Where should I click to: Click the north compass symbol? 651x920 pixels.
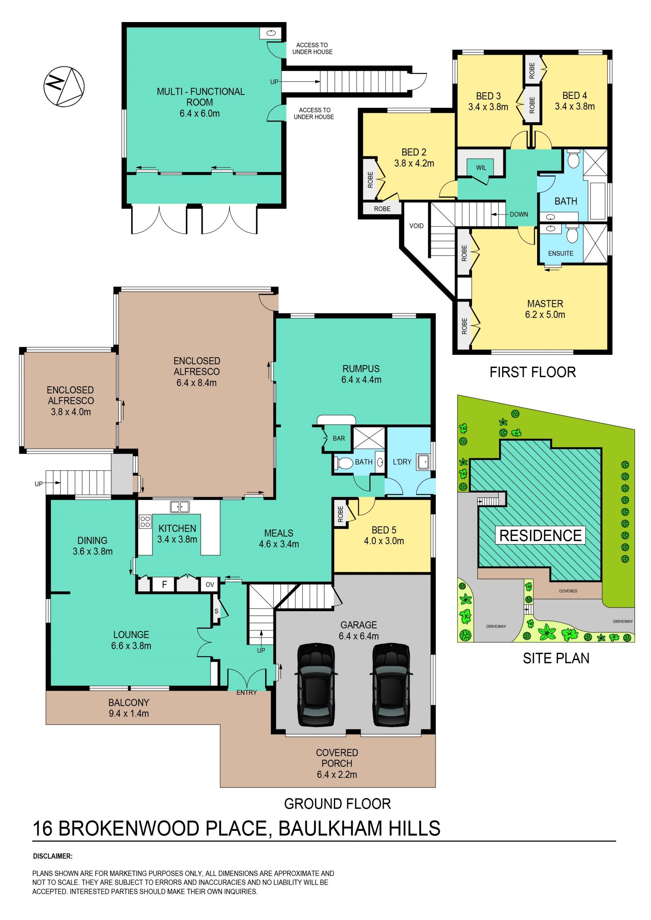(x=64, y=86)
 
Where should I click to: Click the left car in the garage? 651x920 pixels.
(x=316, y=685)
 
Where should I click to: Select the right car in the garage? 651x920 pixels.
(x=391, y=685)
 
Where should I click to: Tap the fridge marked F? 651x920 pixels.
(x=164, y=585)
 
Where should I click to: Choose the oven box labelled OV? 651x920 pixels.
(x=210, y=585)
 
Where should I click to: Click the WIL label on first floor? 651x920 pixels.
(x=481, y=167)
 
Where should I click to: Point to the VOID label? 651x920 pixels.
(x=416, y=226)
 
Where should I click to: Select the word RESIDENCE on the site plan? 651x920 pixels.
(x=540, y=535)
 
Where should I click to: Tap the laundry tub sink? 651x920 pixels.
(x=423, y=462)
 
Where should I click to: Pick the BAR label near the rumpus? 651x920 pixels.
(x=339, y=438)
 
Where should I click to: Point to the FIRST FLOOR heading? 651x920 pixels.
(x=532, y=372)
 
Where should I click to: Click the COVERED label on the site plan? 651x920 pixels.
(x=568, y=591)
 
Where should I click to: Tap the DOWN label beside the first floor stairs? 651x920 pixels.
(x=519, y=214)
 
